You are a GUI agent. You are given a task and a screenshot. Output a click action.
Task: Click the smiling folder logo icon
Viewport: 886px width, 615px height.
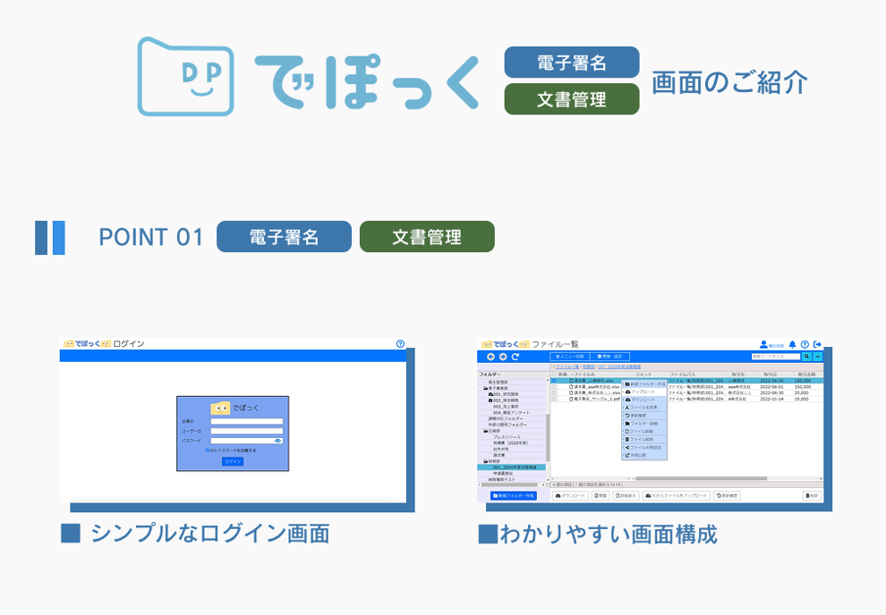(x=185, y=76)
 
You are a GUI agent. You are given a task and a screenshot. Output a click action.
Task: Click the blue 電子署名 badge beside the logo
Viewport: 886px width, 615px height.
(x=572, y=63)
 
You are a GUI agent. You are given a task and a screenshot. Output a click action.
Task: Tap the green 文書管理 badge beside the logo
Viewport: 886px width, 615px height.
(x=572, y=99)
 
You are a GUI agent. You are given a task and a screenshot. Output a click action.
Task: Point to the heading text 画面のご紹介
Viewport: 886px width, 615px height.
(x=729, y=82)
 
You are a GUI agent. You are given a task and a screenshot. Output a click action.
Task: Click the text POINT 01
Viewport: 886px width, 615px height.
(x=151, y=237)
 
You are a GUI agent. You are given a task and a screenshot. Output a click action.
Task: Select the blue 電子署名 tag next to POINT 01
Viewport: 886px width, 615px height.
(x=284, y=237)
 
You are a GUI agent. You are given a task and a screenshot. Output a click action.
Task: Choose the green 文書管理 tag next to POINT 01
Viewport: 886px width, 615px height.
(x=427, y=237)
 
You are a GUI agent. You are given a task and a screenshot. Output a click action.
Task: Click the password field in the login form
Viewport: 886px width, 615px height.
(x=242, y=441)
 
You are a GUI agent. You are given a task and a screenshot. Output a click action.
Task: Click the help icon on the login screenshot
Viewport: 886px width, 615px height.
(x=400, y=343)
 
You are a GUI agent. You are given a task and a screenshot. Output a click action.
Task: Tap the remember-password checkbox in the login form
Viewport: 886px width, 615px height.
(x=208, y=451)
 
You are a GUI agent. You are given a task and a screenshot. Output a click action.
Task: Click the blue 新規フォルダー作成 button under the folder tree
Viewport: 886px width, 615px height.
(x=514, y=495)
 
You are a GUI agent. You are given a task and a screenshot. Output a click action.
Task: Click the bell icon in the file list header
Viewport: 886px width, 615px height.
(x=792, y=344)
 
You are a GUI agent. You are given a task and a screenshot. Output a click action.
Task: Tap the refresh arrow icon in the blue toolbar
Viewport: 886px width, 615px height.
(x=515, y=357)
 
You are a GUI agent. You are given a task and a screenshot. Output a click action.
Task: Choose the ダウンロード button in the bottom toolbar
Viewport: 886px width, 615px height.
(x=570, y=495)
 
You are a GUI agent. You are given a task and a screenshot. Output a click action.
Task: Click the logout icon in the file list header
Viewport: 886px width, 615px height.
(x=818, y=344)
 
